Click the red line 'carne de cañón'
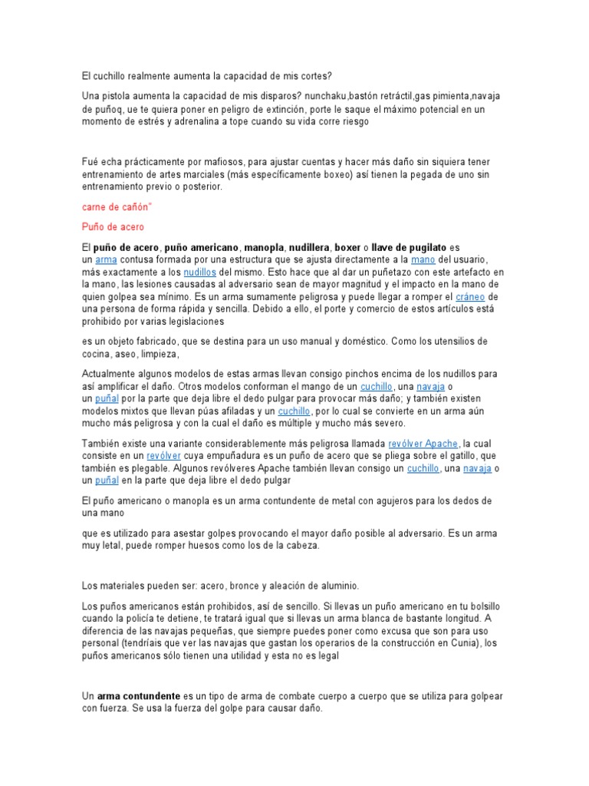click(114, 207)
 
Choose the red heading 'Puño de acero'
click(113, 227)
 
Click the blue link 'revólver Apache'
click(423, 444)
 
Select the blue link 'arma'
click(106, 260)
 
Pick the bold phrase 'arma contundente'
click(138, 696)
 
